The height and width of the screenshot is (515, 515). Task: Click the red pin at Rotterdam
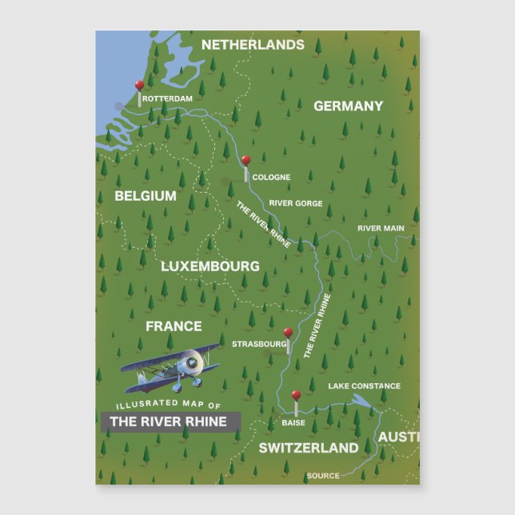pyautogui.click(x=139, y=85)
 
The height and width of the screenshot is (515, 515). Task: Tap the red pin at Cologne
pyautogui.click(x=246, y=161)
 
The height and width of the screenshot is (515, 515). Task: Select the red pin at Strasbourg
pyautogui.click(x=288, y=333)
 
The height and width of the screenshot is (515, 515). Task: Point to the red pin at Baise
pyautogui.click(x=296, y=395)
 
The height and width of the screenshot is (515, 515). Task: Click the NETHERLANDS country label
pyautogui.click(x=253, y=45)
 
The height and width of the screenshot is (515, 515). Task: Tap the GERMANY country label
pyautogui.click(x=348, y=106)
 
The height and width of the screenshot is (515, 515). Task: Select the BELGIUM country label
pyautogui.click(x=146, y=196)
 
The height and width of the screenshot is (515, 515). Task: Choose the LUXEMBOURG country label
pyautogui.click(x=210, y=265)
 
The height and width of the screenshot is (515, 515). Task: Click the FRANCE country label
pyautogui.click(x=174, y=326)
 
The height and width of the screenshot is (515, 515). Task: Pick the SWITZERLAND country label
pyautogui.click(x=309, y=448)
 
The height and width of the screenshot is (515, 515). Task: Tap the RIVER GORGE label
pyautogui.click(x=296, y=204)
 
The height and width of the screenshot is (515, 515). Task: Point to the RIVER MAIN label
pyautogui.click(x=381, y=229)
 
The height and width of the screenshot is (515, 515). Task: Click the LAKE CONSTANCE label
pyautogui.click(x=364, y=386)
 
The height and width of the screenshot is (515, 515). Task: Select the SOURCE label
pyautogui.click(x=323, y=477)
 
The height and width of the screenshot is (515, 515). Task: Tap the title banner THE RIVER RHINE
pyautogui.click(x=168, y=421)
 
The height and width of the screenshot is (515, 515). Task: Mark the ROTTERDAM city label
pyautogui.click(x=168, y=99)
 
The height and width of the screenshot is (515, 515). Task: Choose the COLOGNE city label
pyautogui.click(x=271, y=178)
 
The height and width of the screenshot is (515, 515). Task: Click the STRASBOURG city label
pyautogui.click(x=258, y=345)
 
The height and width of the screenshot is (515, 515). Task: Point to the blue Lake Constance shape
pyautogui.click(x=361, y=402)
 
